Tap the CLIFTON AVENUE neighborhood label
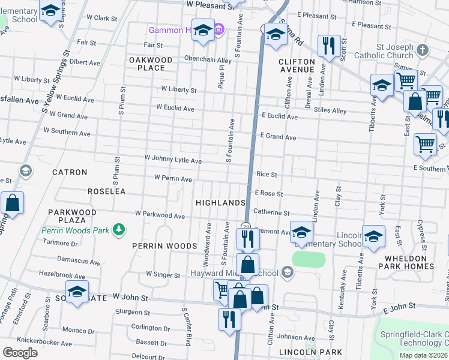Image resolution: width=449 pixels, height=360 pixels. tap(297, 65)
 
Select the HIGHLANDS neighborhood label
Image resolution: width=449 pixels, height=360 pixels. tap(220, 203)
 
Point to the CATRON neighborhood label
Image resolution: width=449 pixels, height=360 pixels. tap(70, 172)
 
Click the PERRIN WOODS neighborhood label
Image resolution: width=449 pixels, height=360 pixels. tap(165, 246)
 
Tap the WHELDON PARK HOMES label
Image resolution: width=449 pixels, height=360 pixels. tap(406, 262)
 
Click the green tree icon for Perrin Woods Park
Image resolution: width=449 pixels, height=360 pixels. tap(119, 229)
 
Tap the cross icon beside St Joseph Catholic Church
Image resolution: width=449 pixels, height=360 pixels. tap(423, 50)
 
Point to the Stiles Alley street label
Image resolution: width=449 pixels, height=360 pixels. tap(330, 111)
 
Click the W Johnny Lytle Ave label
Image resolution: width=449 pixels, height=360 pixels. tap(173, 160)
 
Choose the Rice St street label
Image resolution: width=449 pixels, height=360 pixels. tap(267, 175)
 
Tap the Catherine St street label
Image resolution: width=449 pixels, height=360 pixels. tap(271, 212)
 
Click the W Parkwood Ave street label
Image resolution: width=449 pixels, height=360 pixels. tap(160, 214)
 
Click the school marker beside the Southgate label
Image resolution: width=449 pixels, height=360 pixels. tap(77, 292)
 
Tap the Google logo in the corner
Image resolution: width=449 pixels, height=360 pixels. tap(20, 353)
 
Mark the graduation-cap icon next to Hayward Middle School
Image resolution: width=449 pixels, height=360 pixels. tap(288, 273)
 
